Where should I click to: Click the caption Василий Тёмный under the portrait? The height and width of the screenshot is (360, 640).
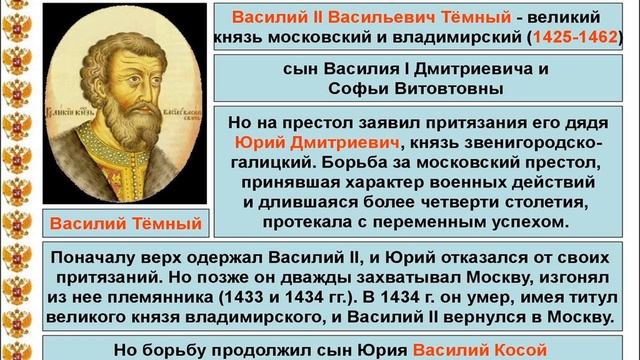tap(126, 222)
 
